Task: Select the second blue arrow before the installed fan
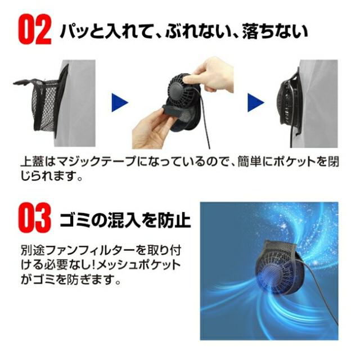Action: pos(256,102)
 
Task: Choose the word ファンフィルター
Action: pos(76,249)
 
